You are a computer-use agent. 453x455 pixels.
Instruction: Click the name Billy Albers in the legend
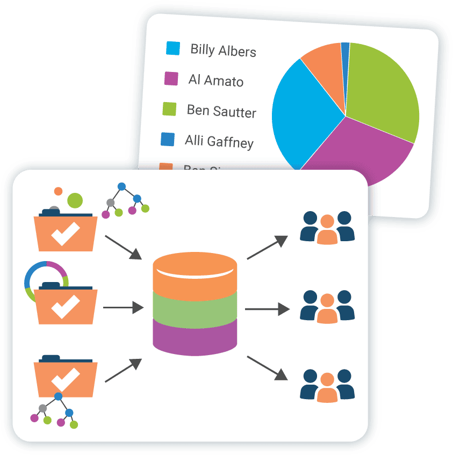223,50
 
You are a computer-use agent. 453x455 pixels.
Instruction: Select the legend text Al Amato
215,81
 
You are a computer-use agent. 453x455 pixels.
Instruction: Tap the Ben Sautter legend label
221,111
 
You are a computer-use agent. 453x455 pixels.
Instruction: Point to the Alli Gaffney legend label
219,141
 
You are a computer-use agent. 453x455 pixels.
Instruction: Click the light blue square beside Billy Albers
173,48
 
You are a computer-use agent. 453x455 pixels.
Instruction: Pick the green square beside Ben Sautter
169,109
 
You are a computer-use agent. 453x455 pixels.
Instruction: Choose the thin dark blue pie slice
345,52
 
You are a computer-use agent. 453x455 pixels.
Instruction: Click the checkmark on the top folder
66,234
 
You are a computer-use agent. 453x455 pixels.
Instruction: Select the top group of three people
327,228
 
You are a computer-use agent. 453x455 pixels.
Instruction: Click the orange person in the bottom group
327,390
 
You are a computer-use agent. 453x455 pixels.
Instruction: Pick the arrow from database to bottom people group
268,367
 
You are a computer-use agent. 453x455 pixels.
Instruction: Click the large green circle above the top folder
75,200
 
